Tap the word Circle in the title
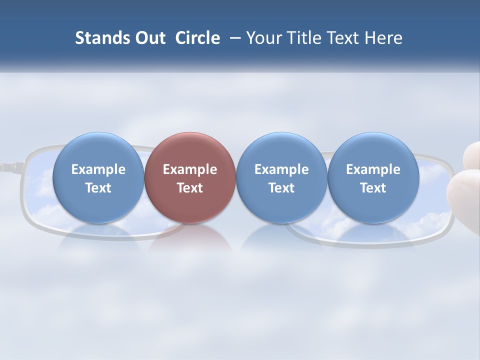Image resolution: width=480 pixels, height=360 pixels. tap(197, 38)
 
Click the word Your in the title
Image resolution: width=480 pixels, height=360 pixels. tap(261, 38)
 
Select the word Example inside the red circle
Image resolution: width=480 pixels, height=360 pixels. tap(190, 170)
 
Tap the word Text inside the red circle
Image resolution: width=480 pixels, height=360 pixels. tap(190, 188)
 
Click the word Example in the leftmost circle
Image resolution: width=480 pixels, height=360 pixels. tap(98, 170)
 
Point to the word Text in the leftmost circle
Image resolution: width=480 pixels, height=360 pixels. tap(98, 188)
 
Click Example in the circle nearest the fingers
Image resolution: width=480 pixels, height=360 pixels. tap(373, 170)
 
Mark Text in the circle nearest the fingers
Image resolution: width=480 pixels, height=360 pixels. tap(373, 188)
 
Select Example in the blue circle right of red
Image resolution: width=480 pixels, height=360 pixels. tap(281, 170)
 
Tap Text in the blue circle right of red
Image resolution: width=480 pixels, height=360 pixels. tap(281, 188)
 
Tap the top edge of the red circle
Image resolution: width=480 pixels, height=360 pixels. tap(190, 133)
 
